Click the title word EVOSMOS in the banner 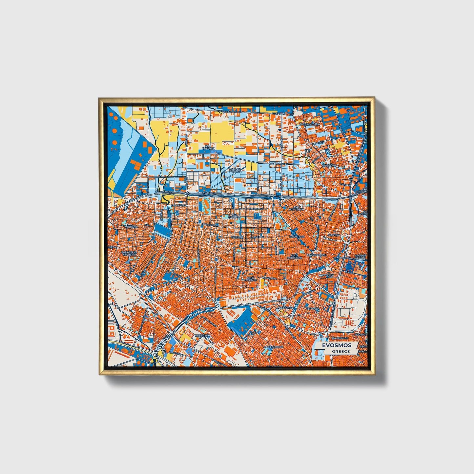click(x=336, y=345)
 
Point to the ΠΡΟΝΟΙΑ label click(x=328, y=275)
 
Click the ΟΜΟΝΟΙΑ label click(x=335, y=235)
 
